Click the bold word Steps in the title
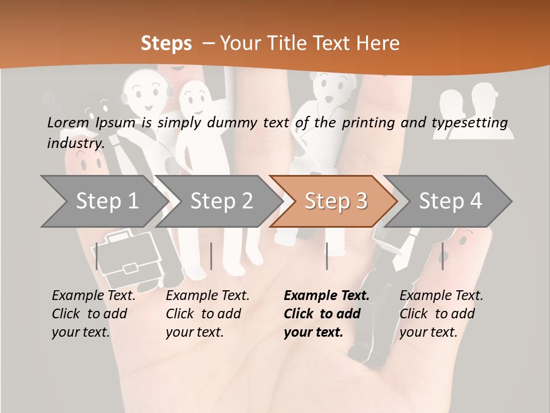pos(166,44)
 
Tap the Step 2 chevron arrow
pos(219,201)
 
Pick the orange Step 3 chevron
pos(334,201)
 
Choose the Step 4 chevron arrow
pos(448,201)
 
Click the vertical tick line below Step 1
pos(96,256)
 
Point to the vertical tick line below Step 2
pos(211,256)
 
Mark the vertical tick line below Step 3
pos(327,256)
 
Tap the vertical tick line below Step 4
pos(443,256)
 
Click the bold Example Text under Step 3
pos(327,295)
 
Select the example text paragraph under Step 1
pos(93,314)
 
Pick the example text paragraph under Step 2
pos(207,314)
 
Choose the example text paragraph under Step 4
pos(441,314)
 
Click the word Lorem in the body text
pos(68,123)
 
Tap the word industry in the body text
pos(76,143)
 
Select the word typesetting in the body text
pos(470,123)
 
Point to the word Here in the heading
pos(378,43)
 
